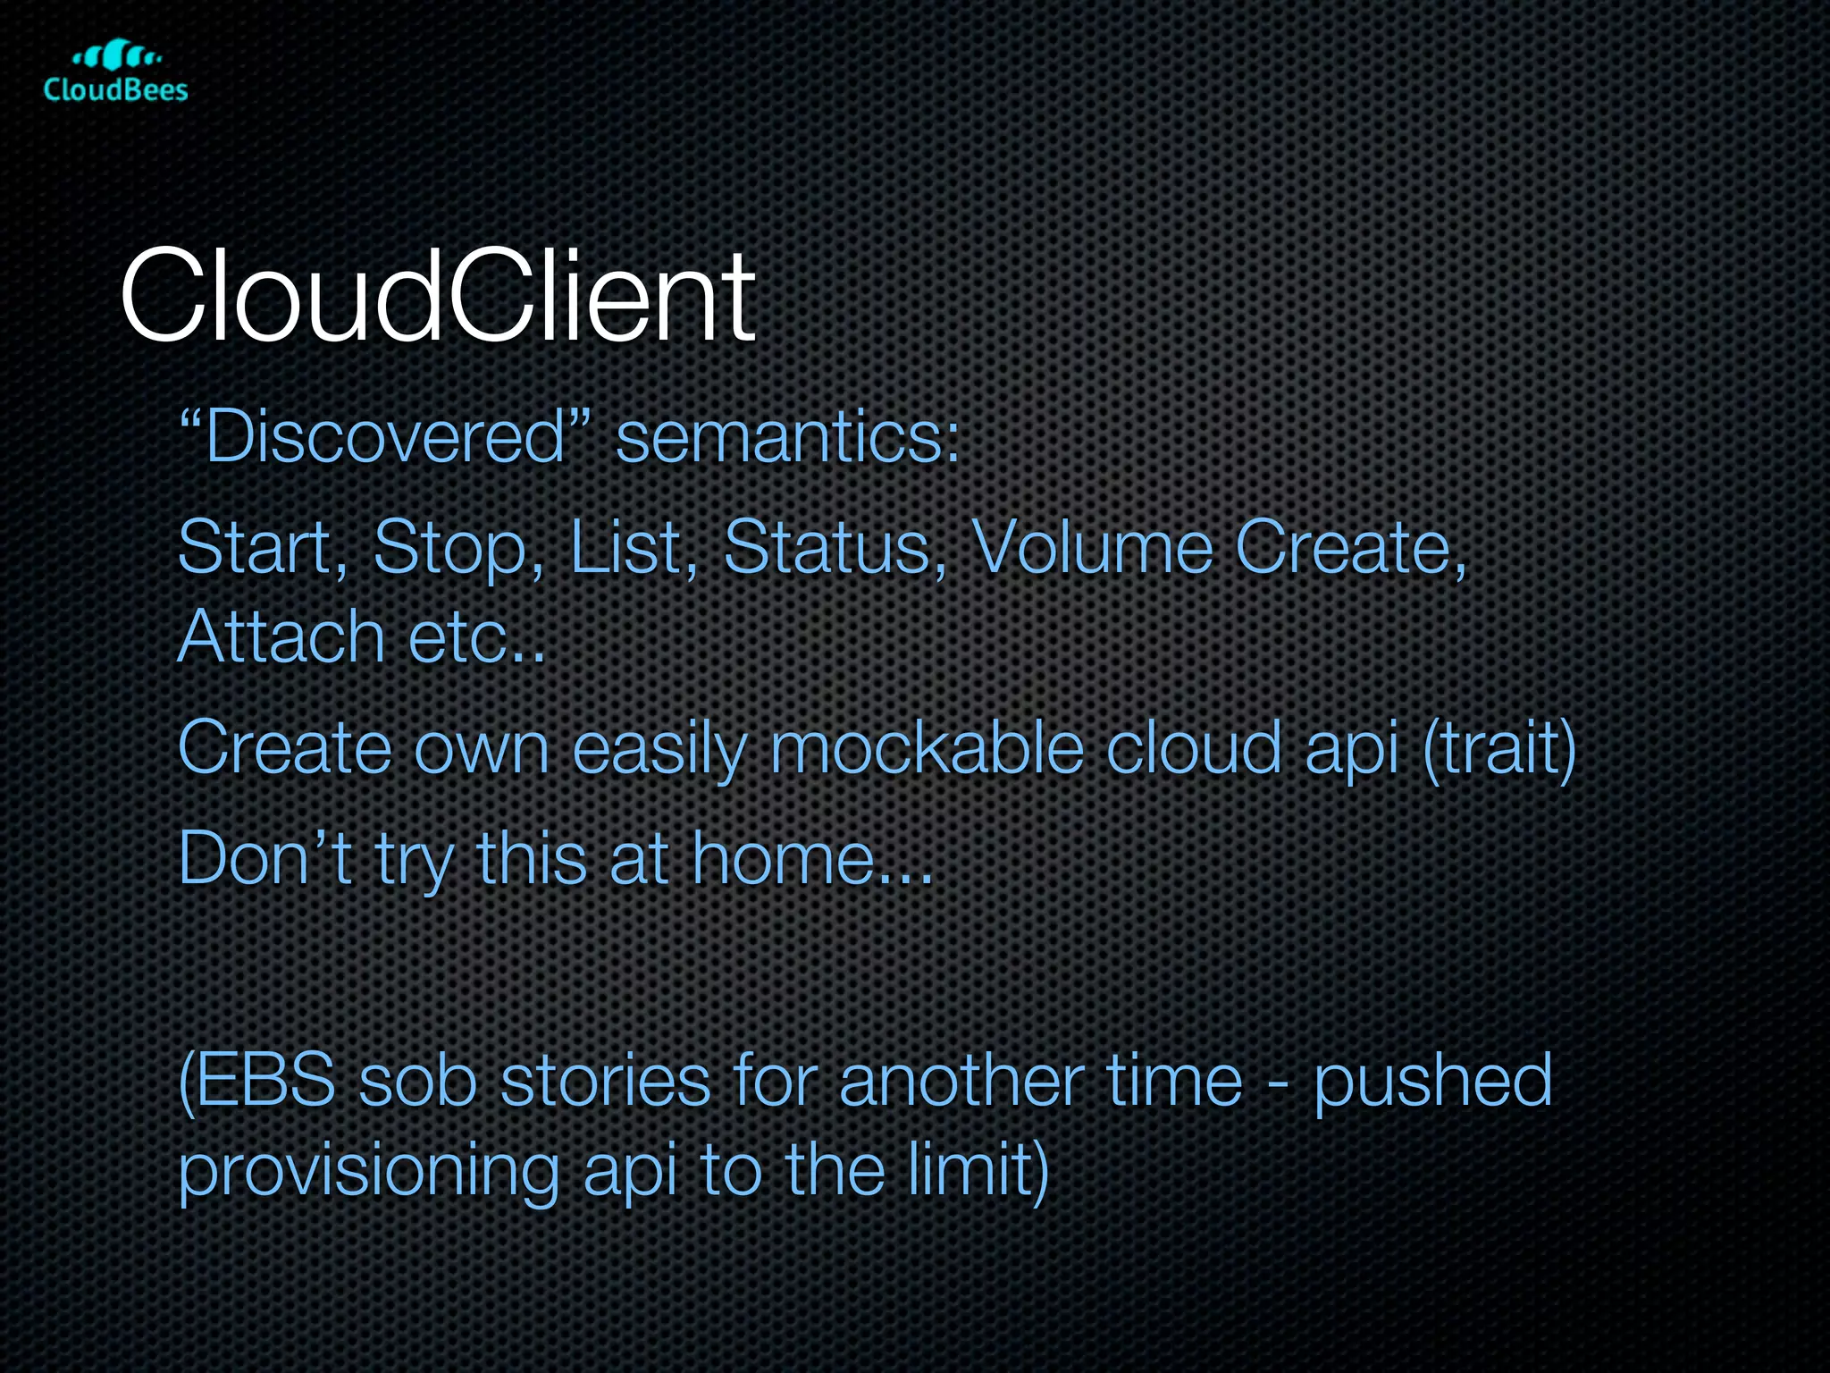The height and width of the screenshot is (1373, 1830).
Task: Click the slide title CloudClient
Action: pos(438,297)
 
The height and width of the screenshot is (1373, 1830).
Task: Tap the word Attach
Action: pos(281,636)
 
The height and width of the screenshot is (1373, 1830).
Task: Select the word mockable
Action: pos(927,747)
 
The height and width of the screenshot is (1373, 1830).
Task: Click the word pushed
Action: pos(1432,1082)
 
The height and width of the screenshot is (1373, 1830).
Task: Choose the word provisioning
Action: pos(369,1171)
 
